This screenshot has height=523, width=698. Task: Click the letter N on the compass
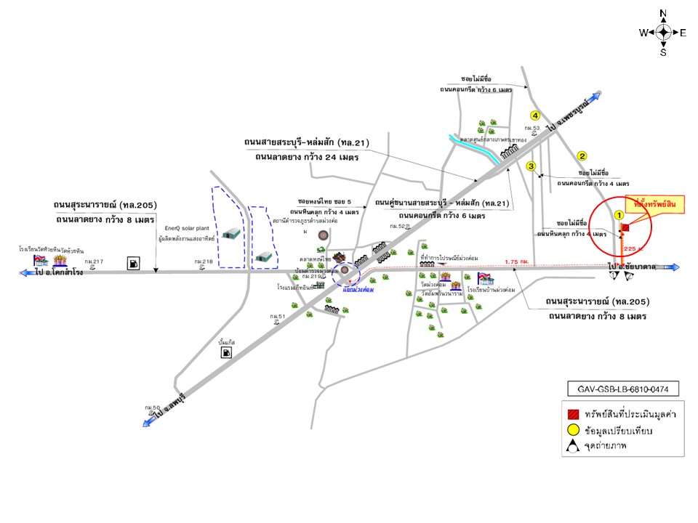coord(663,13)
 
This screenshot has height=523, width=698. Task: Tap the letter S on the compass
coord(663,52)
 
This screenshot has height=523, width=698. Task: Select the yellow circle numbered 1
coord(619,215)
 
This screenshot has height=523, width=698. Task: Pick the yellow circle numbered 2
coord(582,155)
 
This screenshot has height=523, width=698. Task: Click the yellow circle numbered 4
coord(534,115)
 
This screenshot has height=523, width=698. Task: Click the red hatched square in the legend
coord(574,413)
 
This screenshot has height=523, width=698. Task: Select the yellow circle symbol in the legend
coord(574,430)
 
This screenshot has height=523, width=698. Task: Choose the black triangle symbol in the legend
coord(574,447)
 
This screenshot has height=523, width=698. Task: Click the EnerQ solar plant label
coord(182,226)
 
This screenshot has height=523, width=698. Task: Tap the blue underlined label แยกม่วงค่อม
coord(358,289)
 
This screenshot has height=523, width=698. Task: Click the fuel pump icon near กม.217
coord(133,263)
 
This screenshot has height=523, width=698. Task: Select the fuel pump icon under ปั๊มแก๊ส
coord(227,353)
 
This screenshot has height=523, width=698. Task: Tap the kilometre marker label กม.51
coord(276,317)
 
